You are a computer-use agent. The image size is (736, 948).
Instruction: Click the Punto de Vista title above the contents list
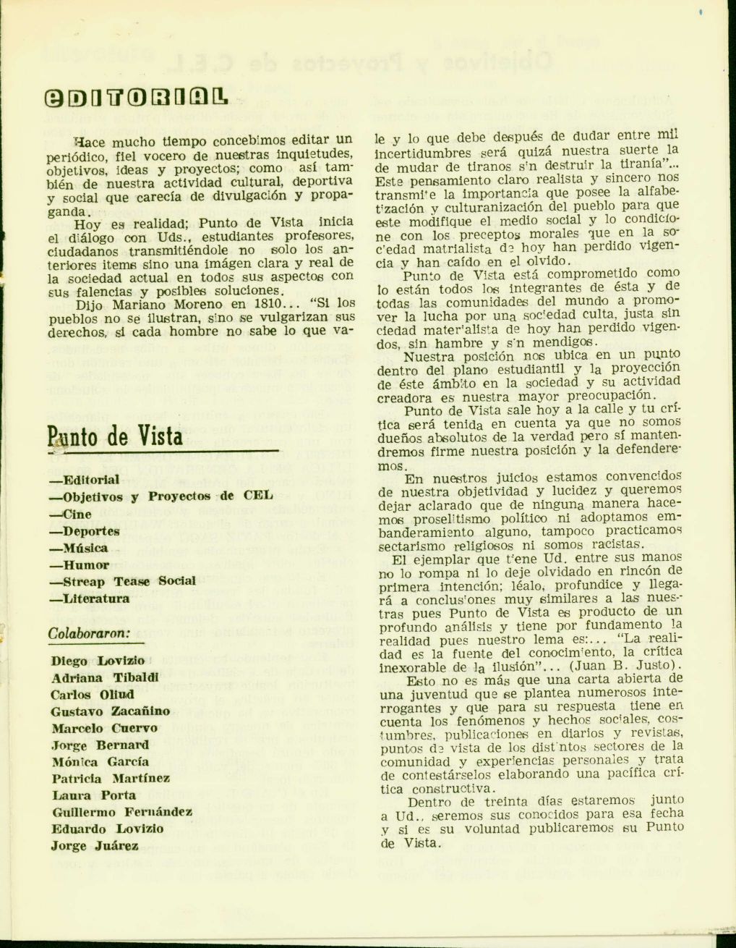(115, 436)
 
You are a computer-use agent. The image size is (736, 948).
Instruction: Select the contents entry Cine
(70, 515)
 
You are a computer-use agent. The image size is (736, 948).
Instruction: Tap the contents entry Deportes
(84, 531)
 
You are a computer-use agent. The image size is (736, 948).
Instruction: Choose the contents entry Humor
(79, 565)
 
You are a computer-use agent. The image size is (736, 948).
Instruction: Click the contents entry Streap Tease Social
(122, 581)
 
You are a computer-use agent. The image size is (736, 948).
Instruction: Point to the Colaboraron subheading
(89, 632)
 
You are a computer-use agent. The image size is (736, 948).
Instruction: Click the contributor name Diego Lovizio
(98, 661)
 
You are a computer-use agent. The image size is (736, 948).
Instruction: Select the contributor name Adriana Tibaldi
(105, 678)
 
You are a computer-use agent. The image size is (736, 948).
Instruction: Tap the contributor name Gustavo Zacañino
(111, 711)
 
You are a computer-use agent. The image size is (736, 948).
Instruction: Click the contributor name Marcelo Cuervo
(104, 728)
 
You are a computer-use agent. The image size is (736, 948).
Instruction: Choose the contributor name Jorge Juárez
(95, 846)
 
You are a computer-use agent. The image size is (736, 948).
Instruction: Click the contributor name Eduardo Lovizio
(107, 829)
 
